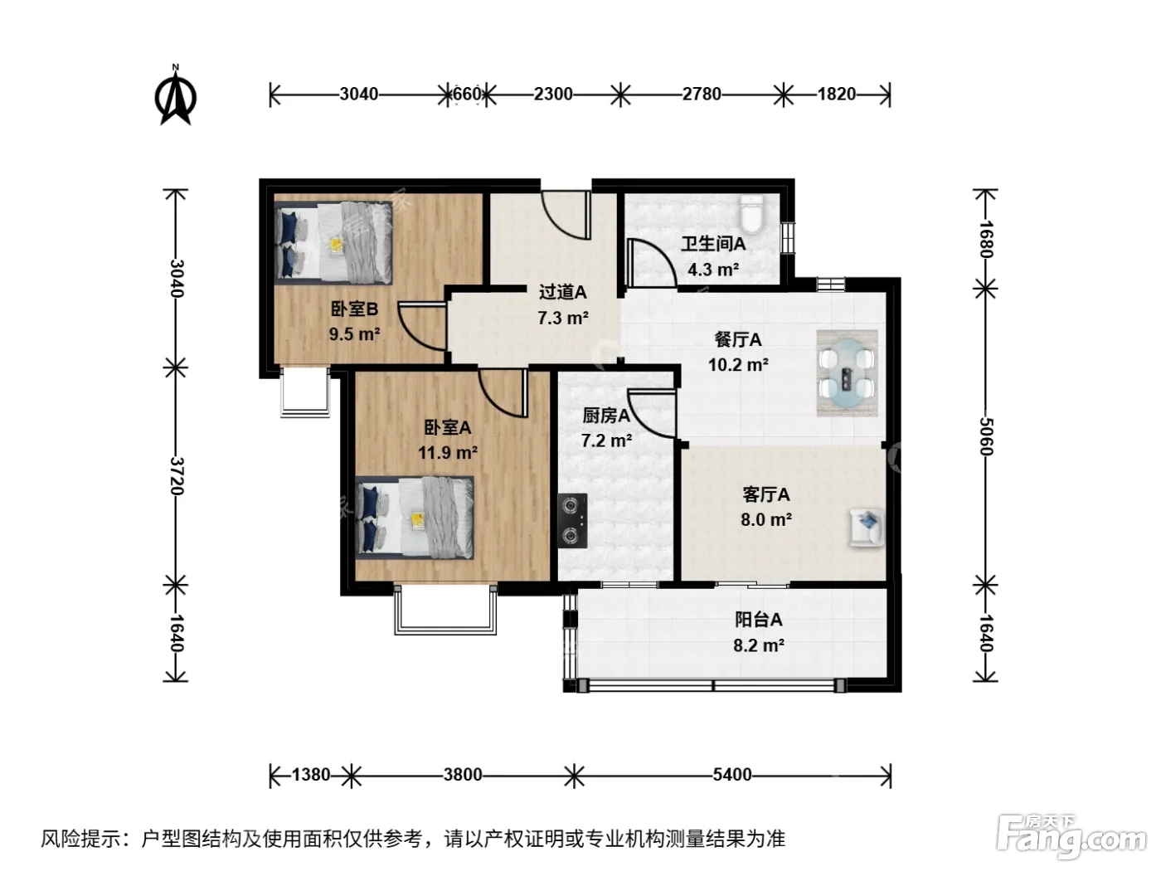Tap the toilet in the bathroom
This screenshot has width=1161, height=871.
[x=752, y=213]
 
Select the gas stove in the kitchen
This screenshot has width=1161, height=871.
[x=572, y=520]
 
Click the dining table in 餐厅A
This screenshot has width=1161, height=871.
[x=847, y=372]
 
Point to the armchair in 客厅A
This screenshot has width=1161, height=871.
[x=867, y=527]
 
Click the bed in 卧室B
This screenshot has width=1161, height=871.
[x=333, y=243]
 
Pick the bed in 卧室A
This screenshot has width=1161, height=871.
[x=415, y=517]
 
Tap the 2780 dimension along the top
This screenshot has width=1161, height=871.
[x=702, y=94]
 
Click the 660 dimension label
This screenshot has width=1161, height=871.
[x=467, y=94]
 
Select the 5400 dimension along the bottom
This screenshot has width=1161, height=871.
[x=731, y=775]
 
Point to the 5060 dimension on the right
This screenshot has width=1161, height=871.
[x=986, y=436]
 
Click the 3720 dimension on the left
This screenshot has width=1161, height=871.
[x=176, y=476]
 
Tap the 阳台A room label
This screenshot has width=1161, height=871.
[x=758, y=620]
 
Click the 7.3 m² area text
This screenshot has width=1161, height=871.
[x=563, y=318]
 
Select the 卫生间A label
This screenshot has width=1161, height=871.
[x=713, y=244]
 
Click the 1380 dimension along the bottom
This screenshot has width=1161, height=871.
[x=311, y=775]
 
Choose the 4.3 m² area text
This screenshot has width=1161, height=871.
[x=713, y=270]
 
